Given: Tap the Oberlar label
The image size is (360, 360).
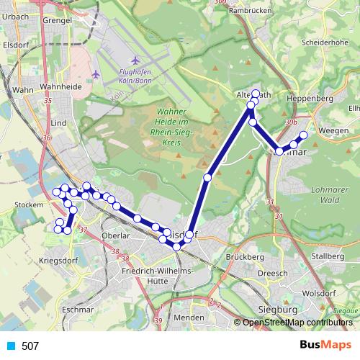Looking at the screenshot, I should pyautogui.click(x=115, y=235).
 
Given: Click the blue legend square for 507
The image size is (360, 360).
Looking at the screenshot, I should pyautogui.click(x=10, y=346).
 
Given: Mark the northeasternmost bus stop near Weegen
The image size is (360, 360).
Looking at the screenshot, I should pyautogui.click(x=303, y=135).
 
